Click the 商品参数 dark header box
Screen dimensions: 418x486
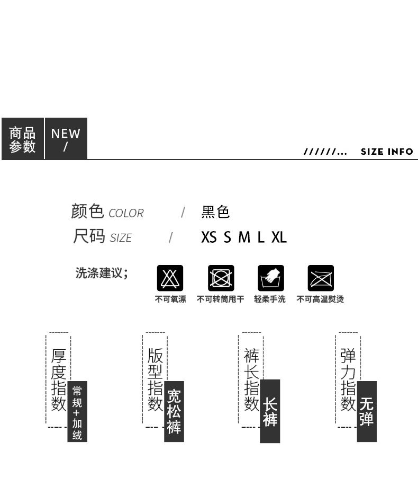[22, 139]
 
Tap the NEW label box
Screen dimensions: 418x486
[66, 139]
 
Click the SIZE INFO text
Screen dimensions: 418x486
[387, 152]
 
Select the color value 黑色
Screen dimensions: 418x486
[215, 212]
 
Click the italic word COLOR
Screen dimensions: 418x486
[126, 213]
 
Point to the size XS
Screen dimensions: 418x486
[208, 237]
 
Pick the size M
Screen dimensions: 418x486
[244, 237]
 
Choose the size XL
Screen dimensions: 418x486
[279, 237]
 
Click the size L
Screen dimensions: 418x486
[261, 237]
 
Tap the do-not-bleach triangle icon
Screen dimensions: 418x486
[170, 278]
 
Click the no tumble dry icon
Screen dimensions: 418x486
[221, 278]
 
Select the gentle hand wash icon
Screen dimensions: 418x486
[271, 278]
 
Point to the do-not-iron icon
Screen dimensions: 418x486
[321, 278]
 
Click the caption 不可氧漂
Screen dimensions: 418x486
[170, 299]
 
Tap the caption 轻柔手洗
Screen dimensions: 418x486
[270, 299]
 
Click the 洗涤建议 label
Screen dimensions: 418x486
[102, 273]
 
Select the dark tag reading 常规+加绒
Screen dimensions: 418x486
[77, 411]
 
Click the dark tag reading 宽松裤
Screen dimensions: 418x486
[174, 411]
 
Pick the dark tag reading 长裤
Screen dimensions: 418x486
[270, 411]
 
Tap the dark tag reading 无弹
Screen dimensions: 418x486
[367, 411]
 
